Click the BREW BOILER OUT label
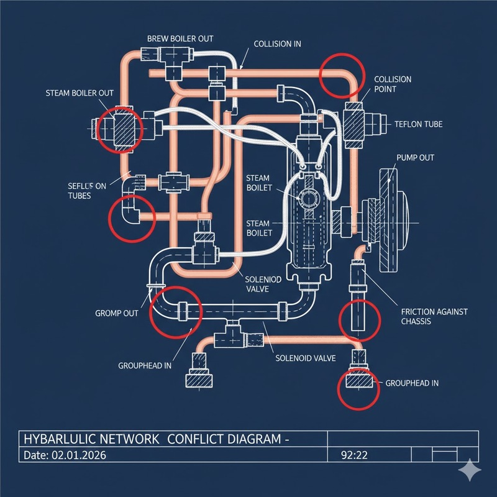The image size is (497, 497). point(180,39)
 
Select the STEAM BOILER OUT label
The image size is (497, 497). point(80,93)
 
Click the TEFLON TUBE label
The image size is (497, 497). point(418,124)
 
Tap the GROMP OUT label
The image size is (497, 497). point(117,313)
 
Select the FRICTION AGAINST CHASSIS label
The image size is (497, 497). point(434,316)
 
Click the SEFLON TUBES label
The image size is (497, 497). point(87,190)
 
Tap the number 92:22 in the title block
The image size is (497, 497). point(355,455)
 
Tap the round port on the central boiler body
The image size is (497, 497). point(309,200)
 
